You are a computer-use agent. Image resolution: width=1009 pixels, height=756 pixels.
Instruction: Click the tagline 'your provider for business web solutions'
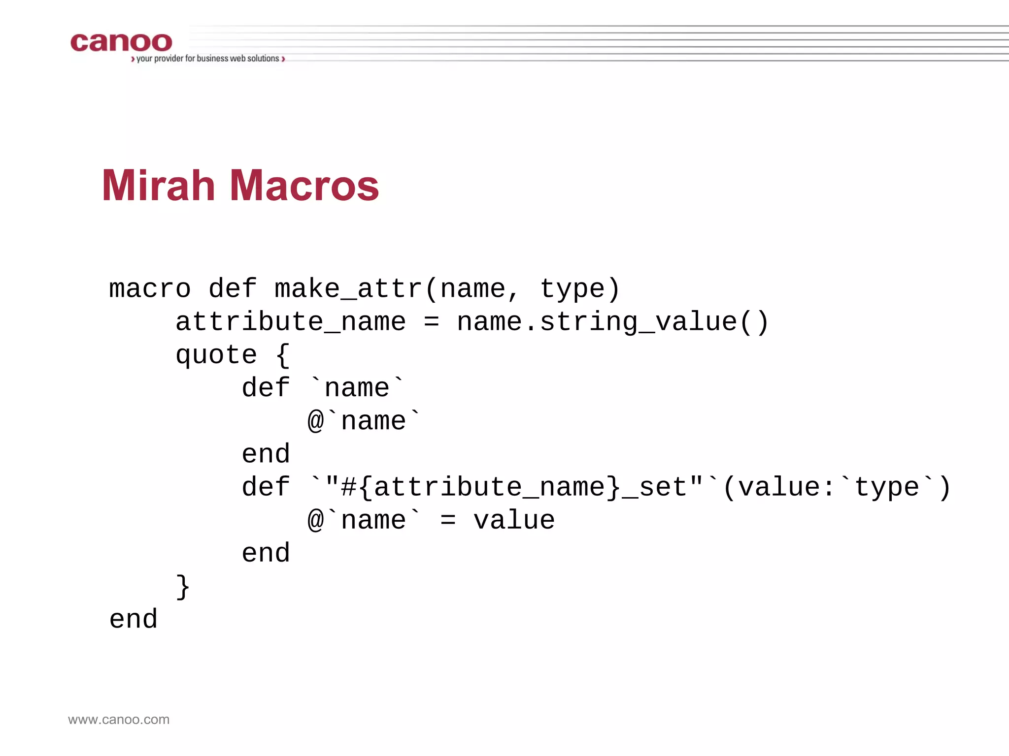click(207, 59)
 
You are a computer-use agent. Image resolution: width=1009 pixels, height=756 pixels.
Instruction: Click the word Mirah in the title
click(158, 186)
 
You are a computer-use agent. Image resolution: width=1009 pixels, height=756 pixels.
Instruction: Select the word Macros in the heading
click(304, 186)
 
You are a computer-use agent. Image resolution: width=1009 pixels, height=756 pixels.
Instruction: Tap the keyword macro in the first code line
click(150, 289)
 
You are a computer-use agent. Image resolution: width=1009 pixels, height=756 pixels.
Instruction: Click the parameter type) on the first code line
click(580, 289)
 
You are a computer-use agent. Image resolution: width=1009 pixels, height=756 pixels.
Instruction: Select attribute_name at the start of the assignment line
click(291, 322)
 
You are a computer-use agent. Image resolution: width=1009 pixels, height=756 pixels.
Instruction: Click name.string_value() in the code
click(612, 322)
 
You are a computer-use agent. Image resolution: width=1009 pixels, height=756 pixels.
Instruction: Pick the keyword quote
click(216, 355)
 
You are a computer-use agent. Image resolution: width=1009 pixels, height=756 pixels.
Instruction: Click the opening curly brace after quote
click(283, 355)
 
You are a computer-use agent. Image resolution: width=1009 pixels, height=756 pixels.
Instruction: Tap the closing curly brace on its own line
click(183, 587)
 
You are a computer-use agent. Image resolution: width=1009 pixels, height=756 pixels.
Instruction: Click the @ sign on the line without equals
click(316, 422)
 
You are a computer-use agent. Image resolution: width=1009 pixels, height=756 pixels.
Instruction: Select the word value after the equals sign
click(514, 521)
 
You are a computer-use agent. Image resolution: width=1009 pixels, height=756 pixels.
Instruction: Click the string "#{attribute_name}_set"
click(514, 487)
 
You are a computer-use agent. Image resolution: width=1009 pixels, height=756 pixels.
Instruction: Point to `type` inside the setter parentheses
click(887, 487)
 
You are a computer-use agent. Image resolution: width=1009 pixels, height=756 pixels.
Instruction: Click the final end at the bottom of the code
click(134, 620)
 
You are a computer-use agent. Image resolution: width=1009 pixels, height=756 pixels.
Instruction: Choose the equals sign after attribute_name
click(431, 322)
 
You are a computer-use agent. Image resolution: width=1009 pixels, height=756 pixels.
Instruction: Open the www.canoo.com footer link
click(119, 720)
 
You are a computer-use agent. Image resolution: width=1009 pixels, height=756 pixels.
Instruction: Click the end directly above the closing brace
click(266, 554)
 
